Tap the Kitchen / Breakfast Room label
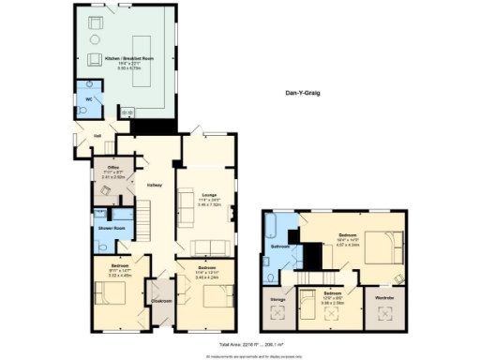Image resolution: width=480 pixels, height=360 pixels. [x=128, y=58]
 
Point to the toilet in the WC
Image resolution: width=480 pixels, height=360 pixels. [x=83, y=111]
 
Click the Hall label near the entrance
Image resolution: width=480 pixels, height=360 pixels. [x=97, y=134]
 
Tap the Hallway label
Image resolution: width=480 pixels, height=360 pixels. [x=155, y=185]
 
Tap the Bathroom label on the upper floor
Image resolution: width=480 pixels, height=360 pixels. [x=279, y=247]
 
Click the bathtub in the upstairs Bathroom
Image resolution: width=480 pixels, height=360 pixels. [x=271, y=228]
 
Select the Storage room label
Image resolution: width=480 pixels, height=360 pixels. [x=277, y=299]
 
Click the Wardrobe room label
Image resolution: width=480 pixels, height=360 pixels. [x=384, y=298]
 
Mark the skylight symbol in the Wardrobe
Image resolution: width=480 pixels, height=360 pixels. [x=384, y=315]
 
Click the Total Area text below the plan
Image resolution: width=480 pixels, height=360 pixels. [x=239, y=345]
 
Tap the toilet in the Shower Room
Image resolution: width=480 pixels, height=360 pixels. [x=100, y=246]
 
